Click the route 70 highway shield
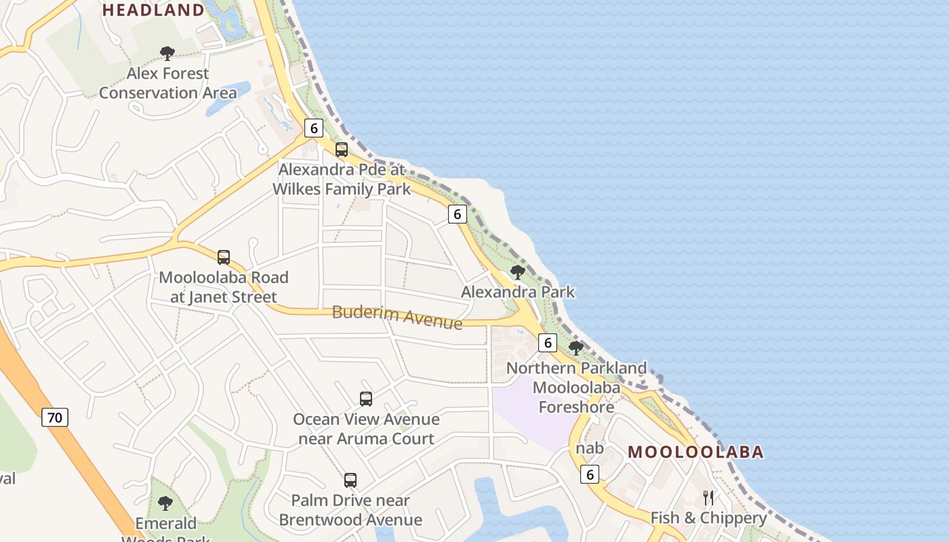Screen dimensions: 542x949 pos(55,417)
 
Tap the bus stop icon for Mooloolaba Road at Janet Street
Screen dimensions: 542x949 pos(224,257)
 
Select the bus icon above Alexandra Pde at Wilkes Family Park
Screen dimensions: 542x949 pos(342,150)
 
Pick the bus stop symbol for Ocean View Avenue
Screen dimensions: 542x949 pos(366,399)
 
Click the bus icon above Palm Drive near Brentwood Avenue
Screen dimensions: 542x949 pos(350,480)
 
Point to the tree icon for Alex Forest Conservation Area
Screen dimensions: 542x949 pos(167,54)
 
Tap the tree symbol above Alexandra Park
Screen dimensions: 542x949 pos(518,273)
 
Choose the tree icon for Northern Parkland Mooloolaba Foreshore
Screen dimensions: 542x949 pos(576,349)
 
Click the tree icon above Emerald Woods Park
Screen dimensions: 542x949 pos(165,503)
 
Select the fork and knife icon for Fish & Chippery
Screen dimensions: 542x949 pos(708,498)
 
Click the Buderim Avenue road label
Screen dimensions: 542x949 pos(397,316)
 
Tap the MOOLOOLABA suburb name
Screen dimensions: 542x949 pos(695,452)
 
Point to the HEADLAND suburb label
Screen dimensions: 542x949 pos(153,10)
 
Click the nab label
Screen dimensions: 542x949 pos(590,448)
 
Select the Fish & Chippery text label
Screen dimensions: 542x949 pos(708,518)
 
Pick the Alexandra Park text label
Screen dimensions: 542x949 pos(518,292)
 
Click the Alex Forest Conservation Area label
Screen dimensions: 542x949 pos(168,83)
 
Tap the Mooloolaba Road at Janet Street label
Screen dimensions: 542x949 pos(224,287)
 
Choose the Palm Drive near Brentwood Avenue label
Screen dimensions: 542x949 pos(350,510)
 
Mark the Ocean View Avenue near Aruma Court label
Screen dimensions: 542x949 pos(366,429)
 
